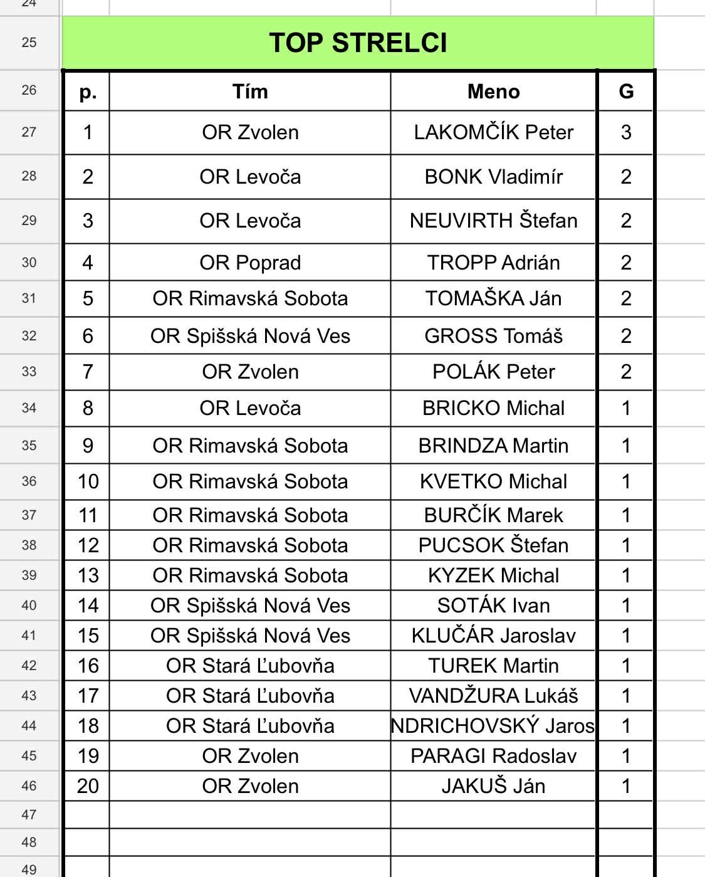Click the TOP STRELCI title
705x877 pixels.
pos(358,43)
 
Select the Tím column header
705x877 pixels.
pos(250,92)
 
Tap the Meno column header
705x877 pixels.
pos(493,92)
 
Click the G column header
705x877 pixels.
pos(625,92)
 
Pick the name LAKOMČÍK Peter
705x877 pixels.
pos(493,132)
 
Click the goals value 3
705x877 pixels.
pos(625,132)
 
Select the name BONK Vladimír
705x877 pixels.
pos(493,177)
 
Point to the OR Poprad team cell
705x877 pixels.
pos(250,263)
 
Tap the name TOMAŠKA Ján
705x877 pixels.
pos(493,298)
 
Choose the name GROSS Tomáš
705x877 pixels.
pos(493,336)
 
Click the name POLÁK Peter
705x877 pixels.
pos(493,372)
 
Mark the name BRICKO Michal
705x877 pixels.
pos(493,408)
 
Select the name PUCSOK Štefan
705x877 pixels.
pos(493,545)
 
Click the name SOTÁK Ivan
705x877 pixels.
pos(493,606)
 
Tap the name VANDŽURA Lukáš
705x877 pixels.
pos(493,696)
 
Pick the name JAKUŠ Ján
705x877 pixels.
pos(493,786)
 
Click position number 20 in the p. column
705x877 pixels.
pos(88,786)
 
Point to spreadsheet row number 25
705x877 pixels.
pos(29,43)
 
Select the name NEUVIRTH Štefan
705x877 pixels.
pos(493,221)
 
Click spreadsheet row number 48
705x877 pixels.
pos(29,842)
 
